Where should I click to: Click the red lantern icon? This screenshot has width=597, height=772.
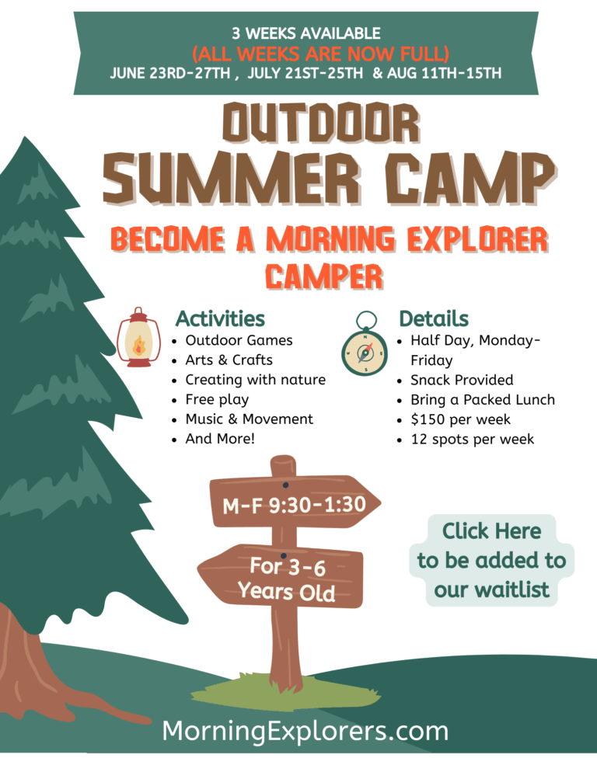(138, 337)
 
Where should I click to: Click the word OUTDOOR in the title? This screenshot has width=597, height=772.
(321, 123)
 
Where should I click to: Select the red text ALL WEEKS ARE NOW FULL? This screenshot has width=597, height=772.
(320, 53)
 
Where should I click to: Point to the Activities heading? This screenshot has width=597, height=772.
(220, 318)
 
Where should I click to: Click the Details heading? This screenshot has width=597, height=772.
(434, 318)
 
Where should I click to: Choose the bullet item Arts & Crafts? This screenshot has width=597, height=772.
(229, 360)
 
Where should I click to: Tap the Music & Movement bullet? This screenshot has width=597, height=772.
(249, 419)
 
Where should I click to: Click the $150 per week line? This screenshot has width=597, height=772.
(460, 419)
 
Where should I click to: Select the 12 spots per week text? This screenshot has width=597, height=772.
(473, 439)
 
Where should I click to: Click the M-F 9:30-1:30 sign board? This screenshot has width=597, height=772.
(295, 502)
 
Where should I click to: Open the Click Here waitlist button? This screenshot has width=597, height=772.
(491, 560)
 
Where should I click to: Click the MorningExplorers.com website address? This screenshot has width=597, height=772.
(305, 731)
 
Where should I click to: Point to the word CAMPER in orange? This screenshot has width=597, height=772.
(324, 276)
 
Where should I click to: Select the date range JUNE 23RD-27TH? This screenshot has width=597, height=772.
(169, 73)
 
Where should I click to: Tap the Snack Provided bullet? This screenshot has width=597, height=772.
(462, 380)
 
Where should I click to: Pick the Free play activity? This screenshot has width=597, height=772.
(217, 399)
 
